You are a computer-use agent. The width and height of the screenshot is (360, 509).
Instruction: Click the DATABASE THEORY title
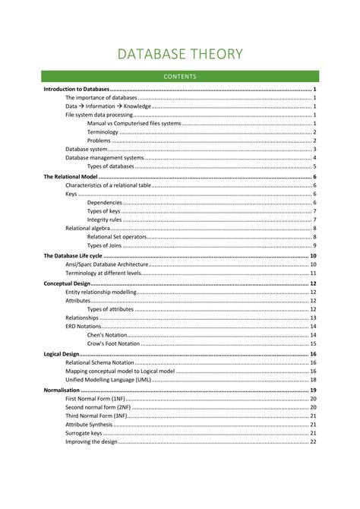(180, 54)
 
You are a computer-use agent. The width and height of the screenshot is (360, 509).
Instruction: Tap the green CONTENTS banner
(180, 76)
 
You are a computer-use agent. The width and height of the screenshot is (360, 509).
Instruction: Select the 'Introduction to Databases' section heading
(77, 89)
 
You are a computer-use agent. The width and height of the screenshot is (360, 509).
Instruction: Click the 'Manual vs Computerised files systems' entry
(134, 123)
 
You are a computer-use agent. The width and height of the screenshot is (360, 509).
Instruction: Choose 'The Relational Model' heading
(70, 176)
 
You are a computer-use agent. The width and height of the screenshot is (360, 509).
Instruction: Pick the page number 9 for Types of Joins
(314, 245)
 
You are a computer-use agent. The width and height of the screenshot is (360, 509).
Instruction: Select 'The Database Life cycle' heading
(74, 256)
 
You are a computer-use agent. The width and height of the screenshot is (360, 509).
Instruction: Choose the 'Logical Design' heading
(62, 354)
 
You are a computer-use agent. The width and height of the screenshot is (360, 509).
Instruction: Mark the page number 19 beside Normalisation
(313, 390)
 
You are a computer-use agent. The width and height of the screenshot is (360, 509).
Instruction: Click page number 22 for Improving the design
(313, 441)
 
